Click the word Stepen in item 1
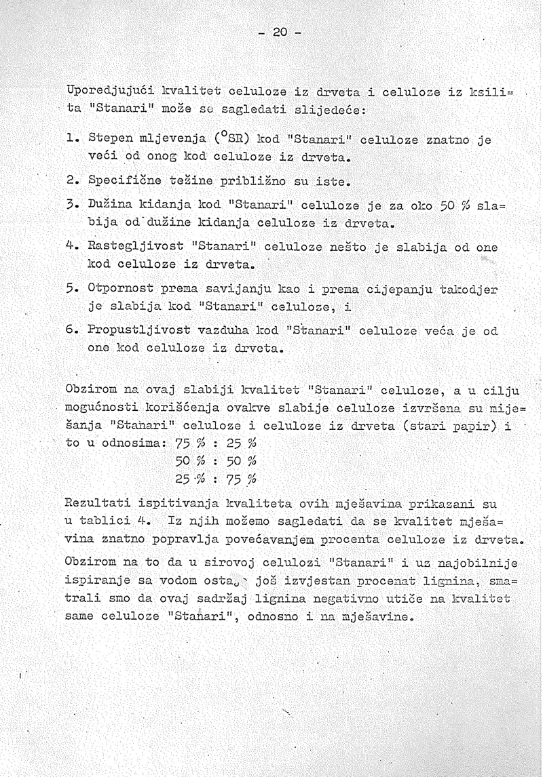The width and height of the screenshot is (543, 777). tap(111, 140)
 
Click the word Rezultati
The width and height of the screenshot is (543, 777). tap(98, 504)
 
